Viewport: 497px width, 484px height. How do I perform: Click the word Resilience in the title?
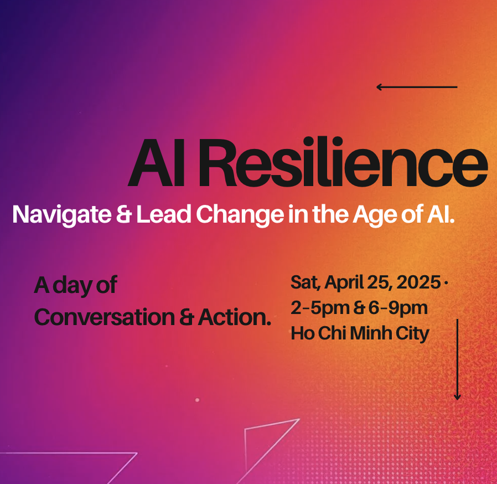343,162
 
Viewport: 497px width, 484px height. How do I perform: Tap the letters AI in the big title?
156,162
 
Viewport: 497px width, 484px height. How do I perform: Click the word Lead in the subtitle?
164,214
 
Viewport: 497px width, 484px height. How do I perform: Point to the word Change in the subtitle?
240,215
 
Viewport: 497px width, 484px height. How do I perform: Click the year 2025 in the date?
418,282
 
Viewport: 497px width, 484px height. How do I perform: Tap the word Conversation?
104,317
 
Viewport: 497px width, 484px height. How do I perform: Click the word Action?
235,317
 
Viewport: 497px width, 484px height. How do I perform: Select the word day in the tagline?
73,285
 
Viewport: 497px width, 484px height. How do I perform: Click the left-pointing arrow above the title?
417,87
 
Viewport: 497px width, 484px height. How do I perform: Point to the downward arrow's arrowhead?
457,397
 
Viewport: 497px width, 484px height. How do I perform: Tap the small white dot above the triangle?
197,400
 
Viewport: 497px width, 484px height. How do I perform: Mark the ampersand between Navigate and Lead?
123,214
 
